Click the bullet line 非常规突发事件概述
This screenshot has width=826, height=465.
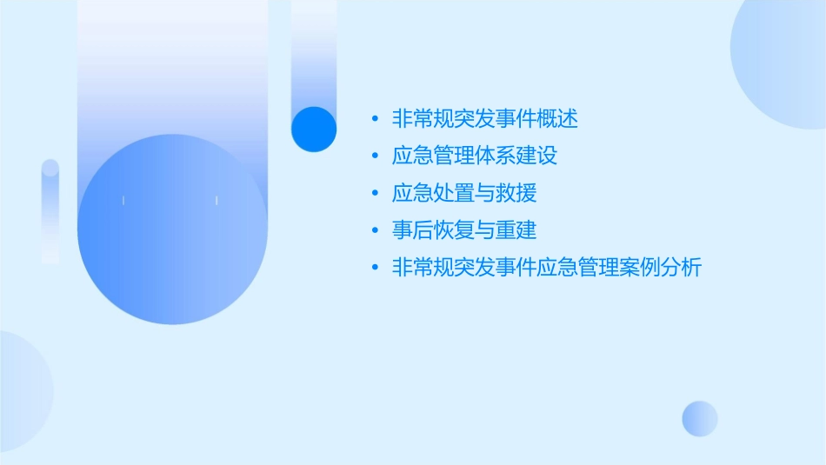click(x=485, y=119)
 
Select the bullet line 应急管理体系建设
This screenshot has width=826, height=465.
click(x=475, y=156)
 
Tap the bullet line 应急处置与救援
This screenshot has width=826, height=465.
click(x=464, y=193)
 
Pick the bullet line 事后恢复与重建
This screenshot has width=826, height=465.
click(x=464, y=230)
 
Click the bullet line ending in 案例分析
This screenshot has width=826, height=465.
click(x=547, y=268)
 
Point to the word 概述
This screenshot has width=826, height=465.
click(x=557, y=119)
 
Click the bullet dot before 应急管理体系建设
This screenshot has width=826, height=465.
click(x=375, y=157)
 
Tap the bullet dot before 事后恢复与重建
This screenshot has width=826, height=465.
click(x=375, y=231)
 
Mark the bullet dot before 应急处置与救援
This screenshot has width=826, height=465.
click(x=375, y=194)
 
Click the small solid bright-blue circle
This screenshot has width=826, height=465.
click(x=314, y=129)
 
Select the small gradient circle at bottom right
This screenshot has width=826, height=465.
click(x=700, y=418)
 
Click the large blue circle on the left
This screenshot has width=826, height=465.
click(x=172, y=230)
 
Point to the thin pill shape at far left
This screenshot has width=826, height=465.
click(x=50, y=210)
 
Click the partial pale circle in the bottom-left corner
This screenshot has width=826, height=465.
click(x=22, y=391)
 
